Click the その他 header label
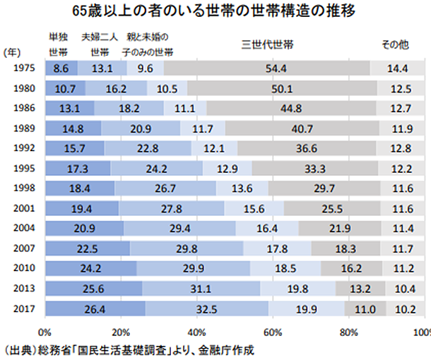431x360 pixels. [x=396, y=44]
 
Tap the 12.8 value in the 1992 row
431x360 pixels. [x=400, y=148]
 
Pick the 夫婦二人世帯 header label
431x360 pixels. [x=99, y=44]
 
